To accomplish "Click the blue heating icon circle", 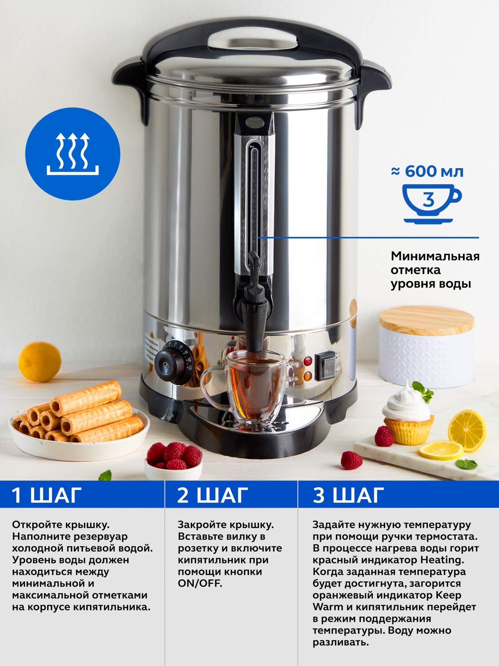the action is pos(73,154).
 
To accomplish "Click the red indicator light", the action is pos(308,361).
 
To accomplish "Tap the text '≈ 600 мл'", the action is pos(427,172).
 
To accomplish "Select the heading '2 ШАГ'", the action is pos(213,495).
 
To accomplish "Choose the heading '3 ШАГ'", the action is pos(348,495).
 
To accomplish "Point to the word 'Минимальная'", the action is pos(435,256).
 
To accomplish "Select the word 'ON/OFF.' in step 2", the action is pos(200,583).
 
